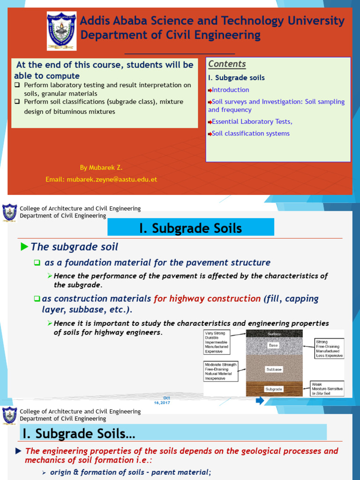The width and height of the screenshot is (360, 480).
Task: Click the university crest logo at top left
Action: click(61, 31)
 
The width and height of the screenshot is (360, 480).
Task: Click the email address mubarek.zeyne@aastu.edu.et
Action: click(101, 179)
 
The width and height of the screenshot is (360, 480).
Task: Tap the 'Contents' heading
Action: click(227, 64)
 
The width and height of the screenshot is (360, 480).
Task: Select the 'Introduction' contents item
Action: click(230, 90)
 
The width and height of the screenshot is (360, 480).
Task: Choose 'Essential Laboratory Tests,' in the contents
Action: click(252, 121)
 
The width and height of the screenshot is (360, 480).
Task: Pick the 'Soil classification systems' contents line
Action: click(250, 133)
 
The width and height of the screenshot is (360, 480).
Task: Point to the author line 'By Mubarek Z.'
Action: click(101, 167)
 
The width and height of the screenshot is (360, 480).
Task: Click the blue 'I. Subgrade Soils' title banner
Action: click(191, 228)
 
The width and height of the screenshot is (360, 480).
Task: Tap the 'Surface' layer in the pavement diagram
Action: click(274, 334)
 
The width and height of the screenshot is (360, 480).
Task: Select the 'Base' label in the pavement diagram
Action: click(273, 345)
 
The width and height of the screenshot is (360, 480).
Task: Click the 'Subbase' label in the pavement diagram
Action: click(274, 369)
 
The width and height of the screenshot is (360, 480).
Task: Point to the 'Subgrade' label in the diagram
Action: click(274, 389)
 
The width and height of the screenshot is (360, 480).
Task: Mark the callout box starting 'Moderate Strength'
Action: click(221, 371)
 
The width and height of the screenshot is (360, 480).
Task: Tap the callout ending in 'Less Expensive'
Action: click(329, 349)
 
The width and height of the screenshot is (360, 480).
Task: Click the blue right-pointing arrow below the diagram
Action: click(260, 401)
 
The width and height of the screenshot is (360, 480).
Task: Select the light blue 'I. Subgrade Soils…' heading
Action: click(173, 432)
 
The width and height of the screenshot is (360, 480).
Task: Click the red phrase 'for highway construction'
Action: click(207, 299)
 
